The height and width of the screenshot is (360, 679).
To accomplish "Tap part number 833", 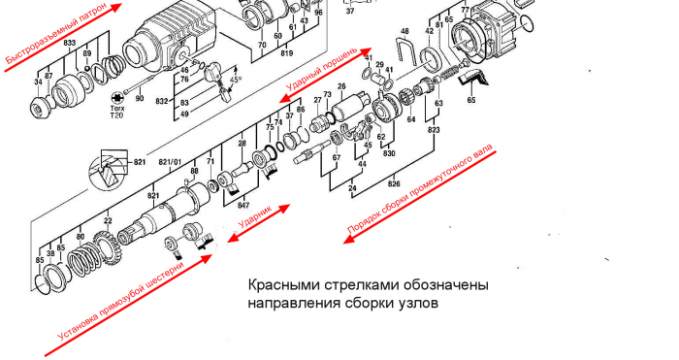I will (x=70, y=45).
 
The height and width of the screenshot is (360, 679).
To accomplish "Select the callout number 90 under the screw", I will (x=139, y=99).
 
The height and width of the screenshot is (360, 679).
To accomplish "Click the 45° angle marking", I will (x=235, y=81).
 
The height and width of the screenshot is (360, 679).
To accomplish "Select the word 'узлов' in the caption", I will (x=417, y=303).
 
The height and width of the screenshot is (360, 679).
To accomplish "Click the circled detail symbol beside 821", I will (x=106, y=176).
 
